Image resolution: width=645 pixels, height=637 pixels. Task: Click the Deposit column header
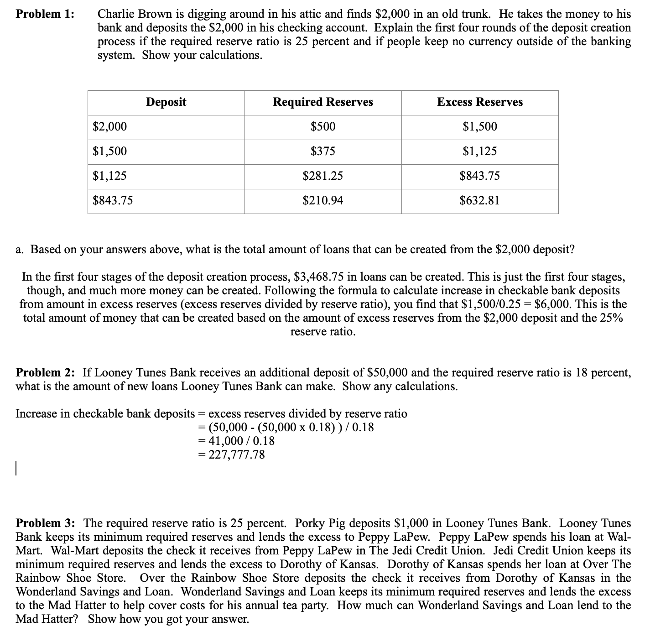click(x=166, y=102)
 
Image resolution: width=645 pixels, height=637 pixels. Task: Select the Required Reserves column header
click(x=322, y=102)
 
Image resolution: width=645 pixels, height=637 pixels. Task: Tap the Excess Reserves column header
click(x=479, y=102)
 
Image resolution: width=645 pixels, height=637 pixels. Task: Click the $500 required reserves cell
click(x=322, y=126)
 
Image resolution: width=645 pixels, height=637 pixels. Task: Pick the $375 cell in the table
click(x=322, y=151)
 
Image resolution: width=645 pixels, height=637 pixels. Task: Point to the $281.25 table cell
click(x=322, y=176)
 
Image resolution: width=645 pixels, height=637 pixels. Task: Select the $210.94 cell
click(x=322, y=200)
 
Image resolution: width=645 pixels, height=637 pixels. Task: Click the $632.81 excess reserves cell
click(x=479, y=200)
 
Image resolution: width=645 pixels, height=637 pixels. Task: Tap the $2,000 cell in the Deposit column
click(x=110, y=126)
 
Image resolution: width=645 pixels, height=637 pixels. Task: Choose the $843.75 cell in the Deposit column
click(x=113, y=200)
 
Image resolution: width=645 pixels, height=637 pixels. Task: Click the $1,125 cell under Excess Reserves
click(x=479, y=151)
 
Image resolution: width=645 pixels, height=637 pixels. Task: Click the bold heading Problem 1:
click(x=45, y=14)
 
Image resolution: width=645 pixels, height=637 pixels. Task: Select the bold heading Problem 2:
click(x=46, y=373)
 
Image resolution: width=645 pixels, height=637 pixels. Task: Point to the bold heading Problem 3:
click(x=46, y=523)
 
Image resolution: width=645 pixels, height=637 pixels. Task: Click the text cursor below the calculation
click(x=16, y=469)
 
